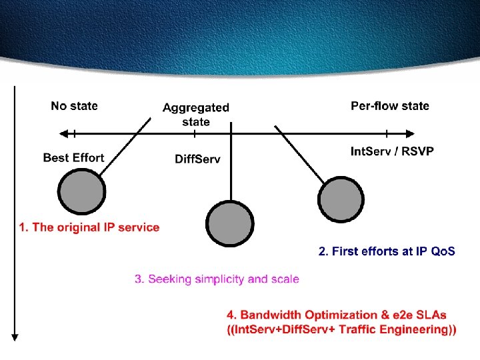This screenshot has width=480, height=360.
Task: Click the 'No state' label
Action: tap(74, 105)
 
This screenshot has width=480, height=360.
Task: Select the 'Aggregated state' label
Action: tap(196, 114)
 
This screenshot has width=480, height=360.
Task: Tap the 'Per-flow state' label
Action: tap(390, 105)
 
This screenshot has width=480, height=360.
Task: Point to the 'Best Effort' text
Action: tap(74, 158)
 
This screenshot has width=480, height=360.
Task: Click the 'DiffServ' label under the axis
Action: tap(197, 159)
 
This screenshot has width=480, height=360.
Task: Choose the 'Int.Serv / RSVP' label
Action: tap(392, 151)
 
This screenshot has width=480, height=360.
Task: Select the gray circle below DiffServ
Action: tap(230, 223)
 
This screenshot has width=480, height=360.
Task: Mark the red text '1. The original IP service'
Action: tap(89, 227)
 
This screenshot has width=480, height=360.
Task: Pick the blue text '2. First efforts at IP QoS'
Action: tap(387, 251)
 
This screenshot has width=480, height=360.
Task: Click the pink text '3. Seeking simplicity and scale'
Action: tap(217, 279)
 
